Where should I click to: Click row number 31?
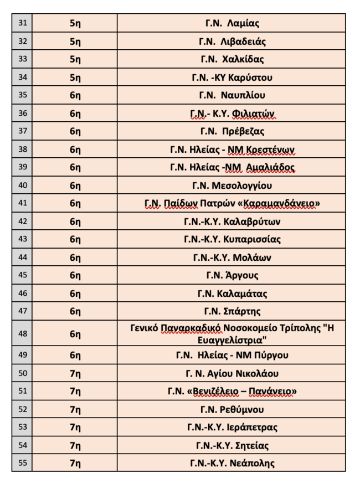pos(22,23)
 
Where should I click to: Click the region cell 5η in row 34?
pos(75,78)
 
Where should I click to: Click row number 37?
pos(22,131)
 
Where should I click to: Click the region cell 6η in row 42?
pos(75,222)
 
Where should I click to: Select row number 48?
pos(22,333)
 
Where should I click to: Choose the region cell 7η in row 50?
pos(75,373)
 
